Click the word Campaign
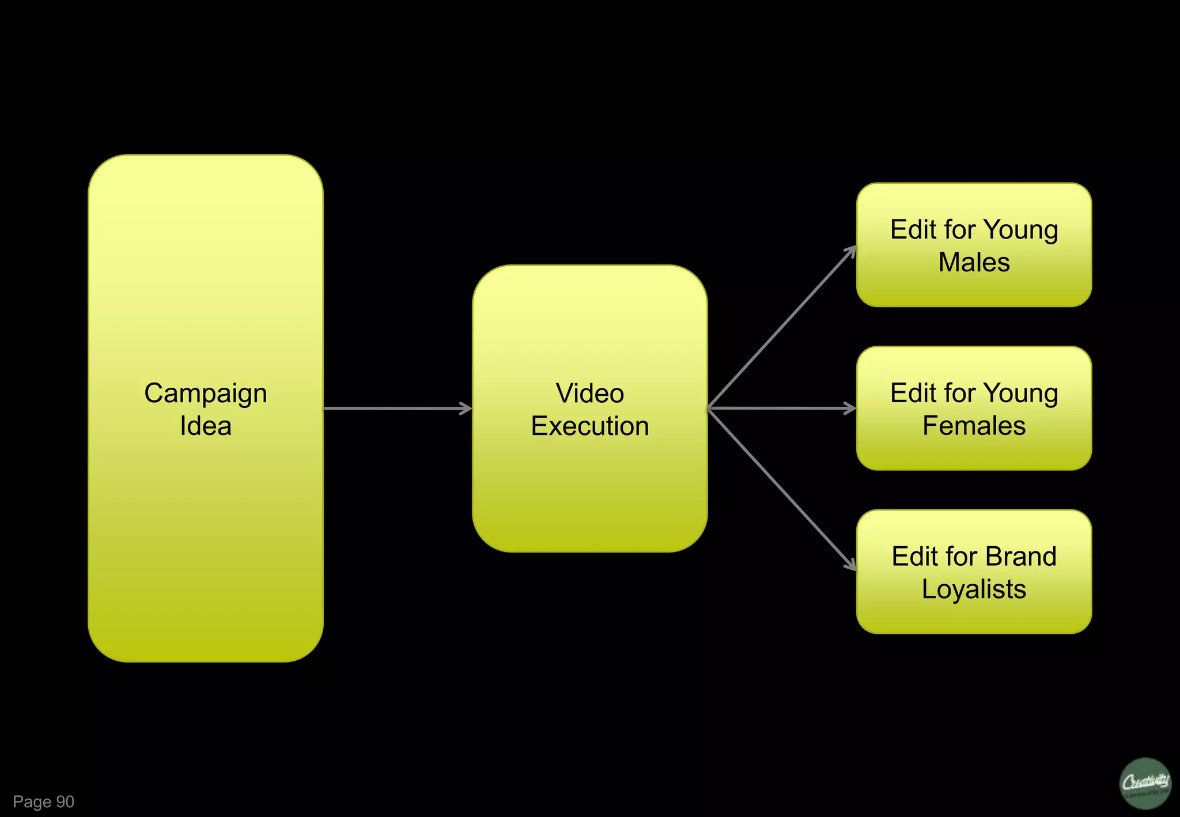(206, 394)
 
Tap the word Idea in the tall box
(206, 426)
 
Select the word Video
(589, 394)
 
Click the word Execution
(589, 426)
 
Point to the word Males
(974, 263)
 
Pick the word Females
(974, 426)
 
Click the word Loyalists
(974, 589)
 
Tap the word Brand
(1020, 557)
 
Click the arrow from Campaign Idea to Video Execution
(398, 408)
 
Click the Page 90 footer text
(44, 801)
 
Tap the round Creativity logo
(1145, 783)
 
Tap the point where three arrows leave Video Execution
(709, 408)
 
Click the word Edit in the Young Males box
(913, 230)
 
